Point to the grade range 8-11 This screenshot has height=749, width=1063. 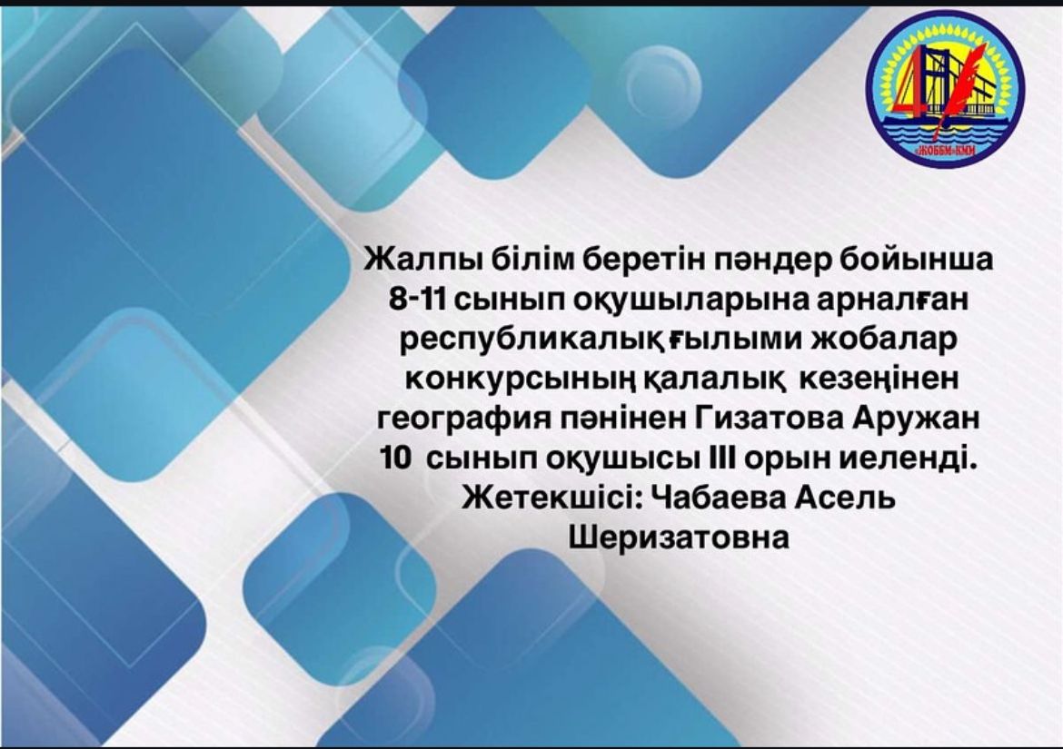pyautogui.click(x=417, y=300)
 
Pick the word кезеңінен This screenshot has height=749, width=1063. pyautogui.click(x=879, y=379)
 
